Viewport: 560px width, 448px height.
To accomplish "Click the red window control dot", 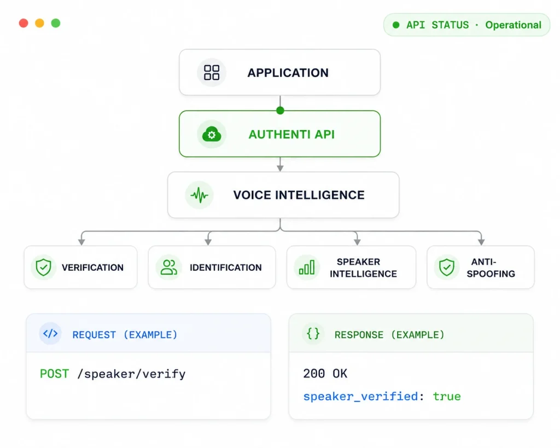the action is pos(24,23).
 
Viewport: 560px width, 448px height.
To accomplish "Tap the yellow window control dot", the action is pos(39,23).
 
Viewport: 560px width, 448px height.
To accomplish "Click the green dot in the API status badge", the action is pos(396,25).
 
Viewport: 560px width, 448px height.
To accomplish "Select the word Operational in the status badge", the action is pos(513,25).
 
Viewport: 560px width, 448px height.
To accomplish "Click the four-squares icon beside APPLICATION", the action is pos(212,72).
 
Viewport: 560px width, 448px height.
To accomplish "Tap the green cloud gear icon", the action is pos(212,135).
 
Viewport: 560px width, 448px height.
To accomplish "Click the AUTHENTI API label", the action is pos(291,135).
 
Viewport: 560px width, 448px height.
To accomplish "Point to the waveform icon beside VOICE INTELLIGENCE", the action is pos(199,195).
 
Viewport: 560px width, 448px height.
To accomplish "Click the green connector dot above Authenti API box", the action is pos(281,110).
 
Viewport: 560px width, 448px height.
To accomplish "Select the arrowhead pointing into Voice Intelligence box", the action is pos(281,168).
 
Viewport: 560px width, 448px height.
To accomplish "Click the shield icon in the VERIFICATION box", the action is pos(44,267).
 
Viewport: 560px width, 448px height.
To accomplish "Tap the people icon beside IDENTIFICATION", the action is pos(169,267).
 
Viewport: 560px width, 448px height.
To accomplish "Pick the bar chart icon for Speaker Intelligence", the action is pos(307,267).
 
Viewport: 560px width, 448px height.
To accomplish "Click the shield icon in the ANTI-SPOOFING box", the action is pos(446,267).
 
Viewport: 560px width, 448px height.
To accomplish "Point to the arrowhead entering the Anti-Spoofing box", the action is pos(481,242).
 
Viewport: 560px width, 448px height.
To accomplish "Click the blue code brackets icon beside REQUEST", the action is pos(50,334).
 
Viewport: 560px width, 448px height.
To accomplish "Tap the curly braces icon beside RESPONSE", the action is pos(313,334).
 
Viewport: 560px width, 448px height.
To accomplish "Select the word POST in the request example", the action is pos(54,374).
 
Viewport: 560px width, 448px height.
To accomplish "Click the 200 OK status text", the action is pos(325,374).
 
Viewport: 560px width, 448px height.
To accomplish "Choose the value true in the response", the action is pos(447,396).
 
